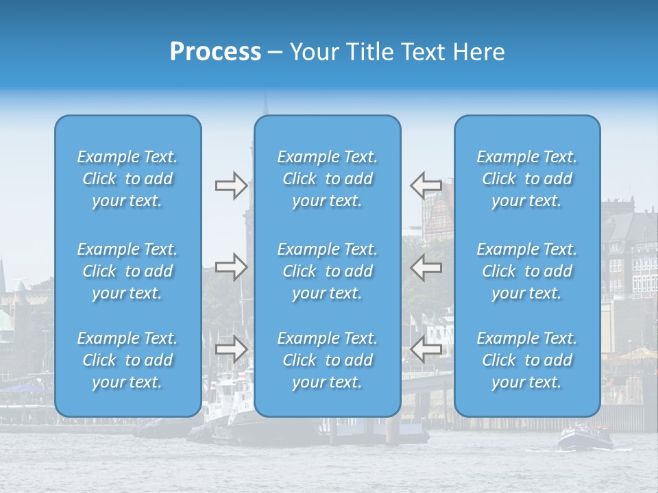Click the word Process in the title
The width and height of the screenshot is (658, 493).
tap(215, 52)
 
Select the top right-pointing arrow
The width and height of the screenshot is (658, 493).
tap(231, 186)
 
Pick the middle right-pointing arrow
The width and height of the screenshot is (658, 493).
tap(231, 267)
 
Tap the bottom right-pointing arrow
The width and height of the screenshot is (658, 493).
tap(231, 349)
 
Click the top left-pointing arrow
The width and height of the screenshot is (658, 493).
tap(426, 186)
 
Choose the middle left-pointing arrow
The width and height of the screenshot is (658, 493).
tap(426, 267)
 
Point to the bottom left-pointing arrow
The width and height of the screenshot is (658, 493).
tap(426, 349)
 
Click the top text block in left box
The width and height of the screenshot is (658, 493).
tap(127, 179)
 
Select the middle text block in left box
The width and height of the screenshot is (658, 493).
tap(127, 271)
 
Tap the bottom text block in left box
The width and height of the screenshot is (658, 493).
tap(127, 360)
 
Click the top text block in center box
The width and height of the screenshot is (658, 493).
tap(328, 179)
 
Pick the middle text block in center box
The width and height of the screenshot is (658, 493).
tap(328, 271)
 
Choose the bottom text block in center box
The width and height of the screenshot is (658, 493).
tap(328, 360)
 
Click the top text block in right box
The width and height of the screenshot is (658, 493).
tap(527, 179)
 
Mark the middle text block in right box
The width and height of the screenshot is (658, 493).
tap(527, 271)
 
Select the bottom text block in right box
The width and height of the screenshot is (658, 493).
tap(527, 360)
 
